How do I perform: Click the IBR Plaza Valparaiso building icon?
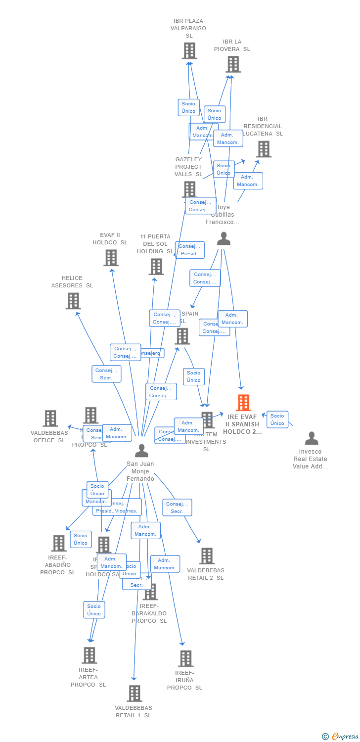click(189, 50)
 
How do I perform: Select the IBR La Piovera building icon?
click(233, 64)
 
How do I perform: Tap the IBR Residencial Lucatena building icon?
click(263, 148)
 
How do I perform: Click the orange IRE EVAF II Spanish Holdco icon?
click(243, 403)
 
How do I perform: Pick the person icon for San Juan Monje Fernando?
click(141, 451)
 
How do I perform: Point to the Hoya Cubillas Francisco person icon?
click(224, 239)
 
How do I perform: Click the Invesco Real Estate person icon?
click(312, 438)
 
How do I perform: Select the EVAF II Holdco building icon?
click(111, 257)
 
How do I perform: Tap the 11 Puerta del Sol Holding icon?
click(156, 267)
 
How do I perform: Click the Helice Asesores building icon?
click(73, 300)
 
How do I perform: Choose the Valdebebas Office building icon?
click(50, 418)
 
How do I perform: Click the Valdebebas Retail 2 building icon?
click(207, 556)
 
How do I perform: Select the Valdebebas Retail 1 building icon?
click(134, 693)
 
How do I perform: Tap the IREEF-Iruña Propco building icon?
click(185, 658)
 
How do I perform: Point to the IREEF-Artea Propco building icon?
click(89, 655)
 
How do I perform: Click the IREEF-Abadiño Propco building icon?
click(59, 543)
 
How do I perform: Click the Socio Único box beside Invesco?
click(277, 419)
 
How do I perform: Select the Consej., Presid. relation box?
click(189, 250)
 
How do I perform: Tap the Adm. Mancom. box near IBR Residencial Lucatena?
click(248, 181)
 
